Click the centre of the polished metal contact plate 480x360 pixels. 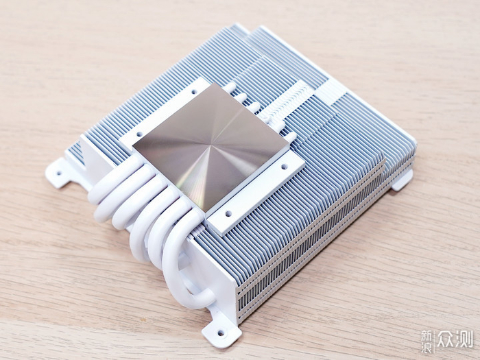(211, 147)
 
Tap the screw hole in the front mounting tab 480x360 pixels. (221, 331)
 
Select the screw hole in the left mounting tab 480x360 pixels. (59, 173)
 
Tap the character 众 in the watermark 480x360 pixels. (446, 339)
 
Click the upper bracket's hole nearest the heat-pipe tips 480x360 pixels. (194, 91)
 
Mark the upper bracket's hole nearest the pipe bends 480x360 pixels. (139, 134)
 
